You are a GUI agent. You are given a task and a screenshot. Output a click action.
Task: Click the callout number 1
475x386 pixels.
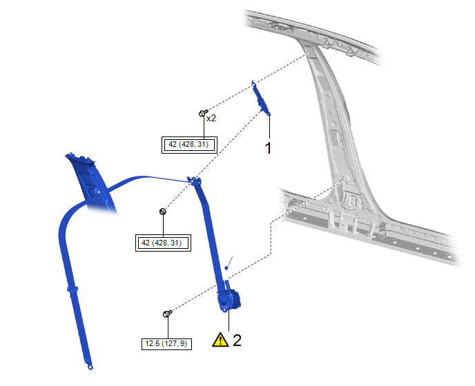[x=268, y=148]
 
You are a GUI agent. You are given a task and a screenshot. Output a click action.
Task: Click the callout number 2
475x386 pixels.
[x=237, y=341]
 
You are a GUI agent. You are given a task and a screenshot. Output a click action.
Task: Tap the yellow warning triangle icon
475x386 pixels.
[x=220, y=340]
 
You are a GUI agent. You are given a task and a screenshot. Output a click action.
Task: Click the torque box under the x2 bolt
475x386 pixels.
[x=189, y=145]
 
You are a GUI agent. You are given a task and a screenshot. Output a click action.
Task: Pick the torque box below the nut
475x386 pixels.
[x=163, y=243]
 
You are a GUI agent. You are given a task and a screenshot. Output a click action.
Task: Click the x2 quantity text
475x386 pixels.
[x=211, y=119]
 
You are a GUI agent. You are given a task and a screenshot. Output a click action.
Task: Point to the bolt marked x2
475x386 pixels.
[x=203, y=113]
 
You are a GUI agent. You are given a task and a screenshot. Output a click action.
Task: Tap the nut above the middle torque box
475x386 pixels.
[x=163, y=212]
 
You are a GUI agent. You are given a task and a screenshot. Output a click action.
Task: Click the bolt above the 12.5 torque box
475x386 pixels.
[x=167, y=314]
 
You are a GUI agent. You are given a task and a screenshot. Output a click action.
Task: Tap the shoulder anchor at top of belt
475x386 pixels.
[x=194, y=181]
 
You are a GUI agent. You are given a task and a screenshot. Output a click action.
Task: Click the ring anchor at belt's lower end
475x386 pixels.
[x=90, y=367]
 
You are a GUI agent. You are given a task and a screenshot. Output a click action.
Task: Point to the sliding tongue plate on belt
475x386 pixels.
[x=72, y=289]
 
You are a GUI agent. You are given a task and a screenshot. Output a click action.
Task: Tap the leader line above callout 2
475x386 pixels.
[x=229, y=321]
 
